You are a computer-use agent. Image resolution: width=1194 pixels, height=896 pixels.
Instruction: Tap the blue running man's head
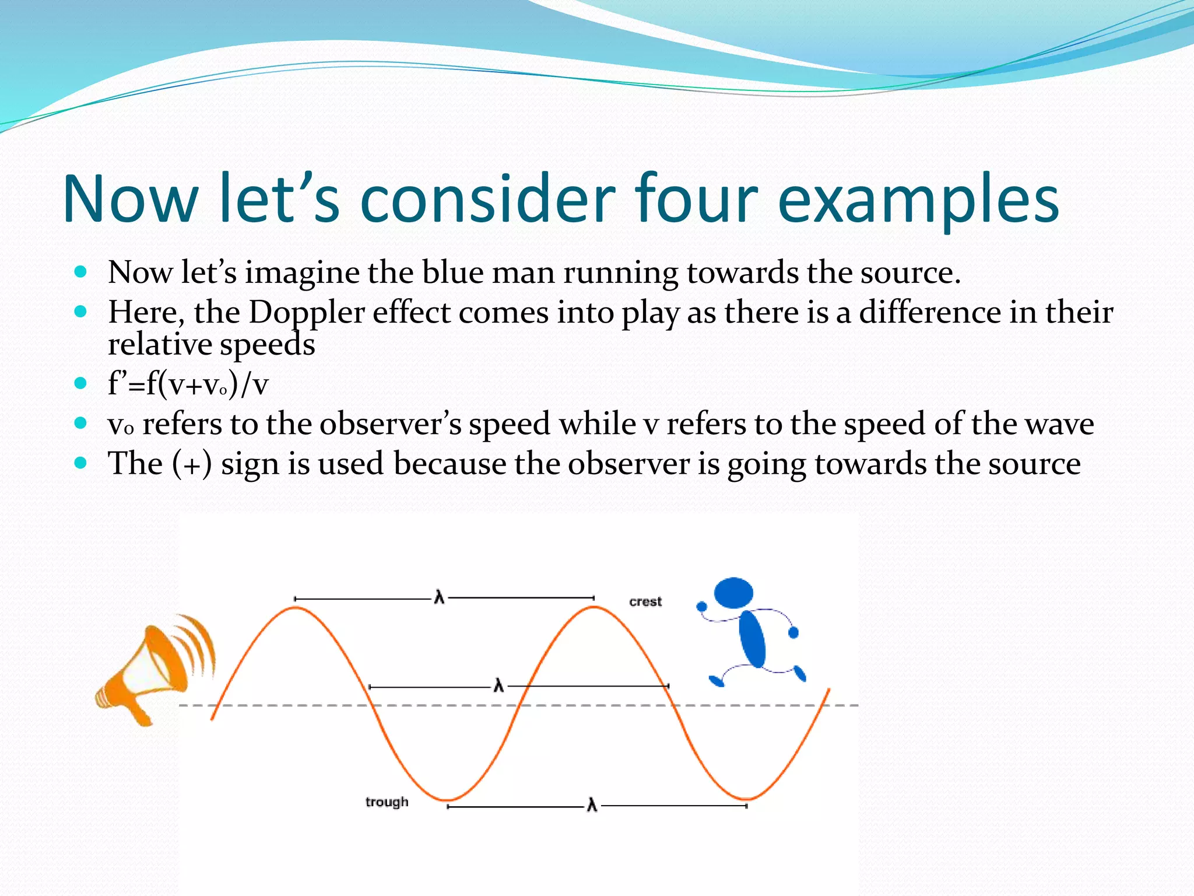click(733, 593)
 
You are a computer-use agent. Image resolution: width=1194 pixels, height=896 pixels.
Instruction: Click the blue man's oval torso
click(752, 639)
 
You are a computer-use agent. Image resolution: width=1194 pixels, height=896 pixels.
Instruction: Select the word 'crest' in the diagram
click(645, 601)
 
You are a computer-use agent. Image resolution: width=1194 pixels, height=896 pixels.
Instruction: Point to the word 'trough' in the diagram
click(387, 802)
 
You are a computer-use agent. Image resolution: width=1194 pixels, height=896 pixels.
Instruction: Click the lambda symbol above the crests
click(440, 598)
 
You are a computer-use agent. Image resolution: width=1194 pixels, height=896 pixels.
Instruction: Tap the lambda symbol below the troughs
click(592, 806)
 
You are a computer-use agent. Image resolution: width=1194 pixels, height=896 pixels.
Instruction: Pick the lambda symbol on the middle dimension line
click(498, 686)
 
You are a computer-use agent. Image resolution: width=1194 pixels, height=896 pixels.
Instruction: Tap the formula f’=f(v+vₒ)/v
click(188, 384)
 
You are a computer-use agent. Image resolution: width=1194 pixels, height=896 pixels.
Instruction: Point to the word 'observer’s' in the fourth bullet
click(390, 424)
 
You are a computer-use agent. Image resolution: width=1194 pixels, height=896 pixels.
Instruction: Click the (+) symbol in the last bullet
click(192, 465)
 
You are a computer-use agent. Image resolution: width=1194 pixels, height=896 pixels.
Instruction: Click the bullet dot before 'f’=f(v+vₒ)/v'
click(81, 383)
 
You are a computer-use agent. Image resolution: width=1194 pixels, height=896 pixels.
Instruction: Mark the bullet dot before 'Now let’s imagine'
click(81, 272)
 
